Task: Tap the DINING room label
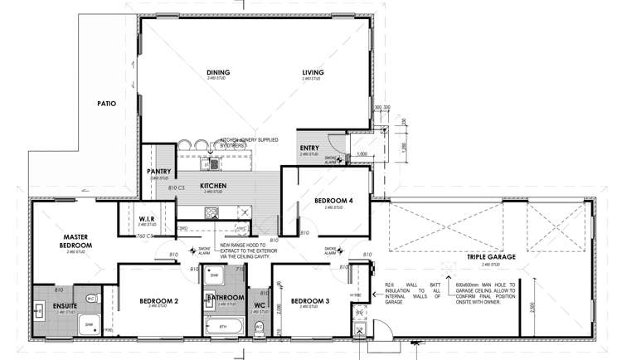click(217, 73)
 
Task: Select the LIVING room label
click(313, 73)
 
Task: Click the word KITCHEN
click(213, 186)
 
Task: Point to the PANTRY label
click(158, 172)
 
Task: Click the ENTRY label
click(309, 148)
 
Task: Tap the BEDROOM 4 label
click(333, 201)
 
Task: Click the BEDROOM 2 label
click(159, 300)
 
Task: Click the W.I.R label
click(136, 219)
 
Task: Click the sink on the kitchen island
click(216, 163)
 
